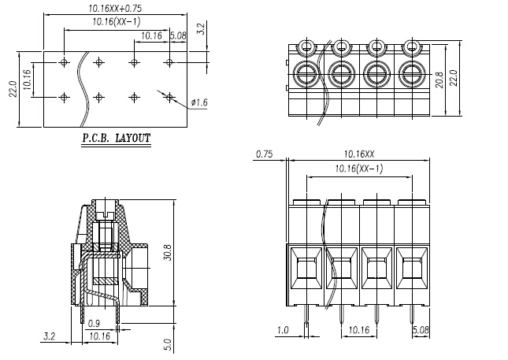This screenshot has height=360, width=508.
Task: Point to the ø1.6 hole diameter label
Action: (x=198, y=102)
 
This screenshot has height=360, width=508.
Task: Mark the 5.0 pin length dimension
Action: (x=165, y=343)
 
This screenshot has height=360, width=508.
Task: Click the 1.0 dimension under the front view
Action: (x=282, y=331)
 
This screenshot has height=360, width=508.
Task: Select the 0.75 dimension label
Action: (x=265, y=154)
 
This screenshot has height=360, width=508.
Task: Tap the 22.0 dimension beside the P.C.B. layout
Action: (x=12, y=90)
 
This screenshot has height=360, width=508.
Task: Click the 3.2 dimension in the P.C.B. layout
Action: (x=201, y=30)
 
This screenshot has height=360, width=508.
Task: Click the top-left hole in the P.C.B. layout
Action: (x=65, y=61)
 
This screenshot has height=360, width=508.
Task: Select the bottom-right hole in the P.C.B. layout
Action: (x=169, y=96)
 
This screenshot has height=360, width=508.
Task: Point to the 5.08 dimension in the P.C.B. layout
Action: (x=178, y=35)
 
